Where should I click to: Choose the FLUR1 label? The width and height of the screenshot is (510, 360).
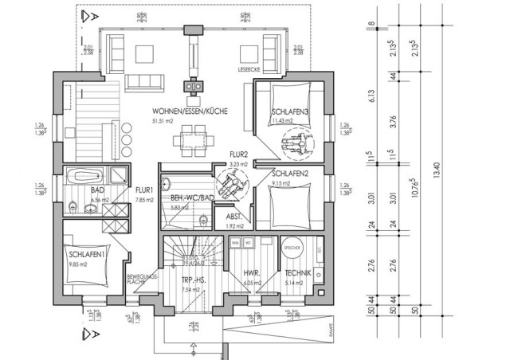click(x=144, y=190)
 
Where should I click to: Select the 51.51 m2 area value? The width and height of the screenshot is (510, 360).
click(x=163, y=121)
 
